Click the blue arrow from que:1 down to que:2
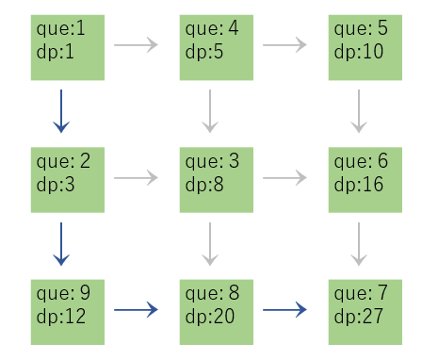pos(61,111)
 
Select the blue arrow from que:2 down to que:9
pos(61,243)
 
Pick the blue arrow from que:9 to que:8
pos(138,307)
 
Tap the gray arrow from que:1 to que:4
pos(138,44)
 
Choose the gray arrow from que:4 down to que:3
pos(211,111)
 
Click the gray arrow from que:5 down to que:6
pos(358,111)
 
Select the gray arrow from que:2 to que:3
pos(138,176)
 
